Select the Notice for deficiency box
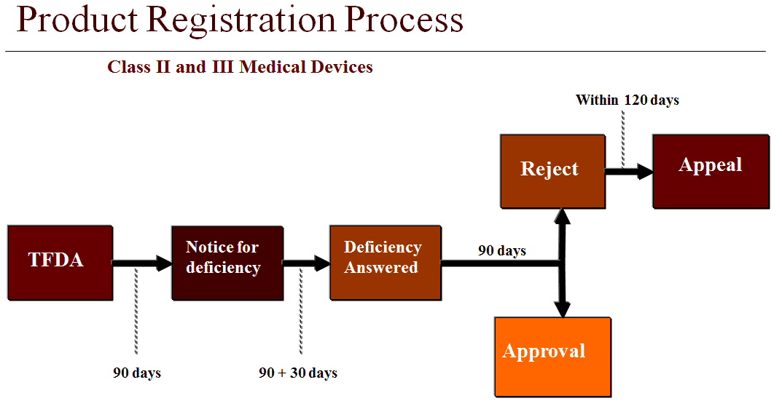(x=227, y=263)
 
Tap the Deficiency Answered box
(x=385, y=263)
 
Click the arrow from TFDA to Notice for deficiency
(x=141, y=263)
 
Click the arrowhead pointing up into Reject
(x=562, y=217)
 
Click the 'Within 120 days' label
(x=627, y=100)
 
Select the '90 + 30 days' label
(x=298, y=373)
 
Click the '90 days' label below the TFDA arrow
(x=137, y=373)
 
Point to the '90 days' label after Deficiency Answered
(x=501, y=251)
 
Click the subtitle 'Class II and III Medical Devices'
(x=240, y=68)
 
